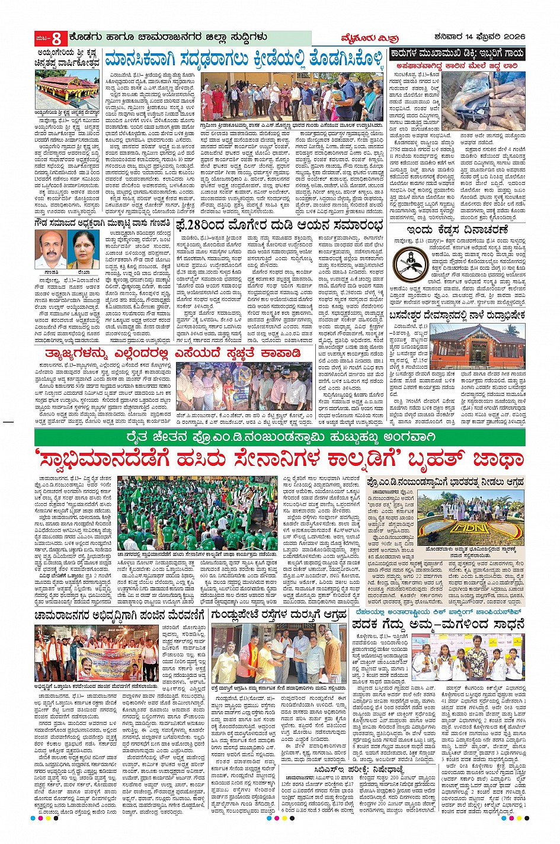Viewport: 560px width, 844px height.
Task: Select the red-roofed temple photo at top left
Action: pyautogui.click(x=66, y=88)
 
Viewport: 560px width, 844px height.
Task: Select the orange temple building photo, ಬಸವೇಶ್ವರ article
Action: pyautogui.click(x=485, y=346)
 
